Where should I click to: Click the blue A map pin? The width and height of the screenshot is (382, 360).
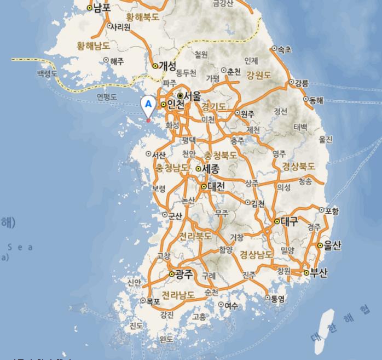click(x=148, y=105)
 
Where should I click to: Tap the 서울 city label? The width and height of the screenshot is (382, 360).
click(x=192, y=96)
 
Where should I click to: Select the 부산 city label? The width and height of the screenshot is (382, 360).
click(x=319, y=273)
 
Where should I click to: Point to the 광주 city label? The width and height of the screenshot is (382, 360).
click(x=184, y=274)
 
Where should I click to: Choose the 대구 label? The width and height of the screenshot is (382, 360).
click(x=290, y=221)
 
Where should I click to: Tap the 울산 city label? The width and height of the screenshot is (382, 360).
click(x=332, y=245)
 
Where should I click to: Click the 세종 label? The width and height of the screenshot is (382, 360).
click(x=211, y=169)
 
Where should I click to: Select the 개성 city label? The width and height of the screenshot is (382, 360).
click(x=167, y=66)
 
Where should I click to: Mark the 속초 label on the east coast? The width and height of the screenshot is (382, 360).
click(x=285, y=49)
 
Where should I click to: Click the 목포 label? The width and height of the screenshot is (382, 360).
click(x=153, y=301)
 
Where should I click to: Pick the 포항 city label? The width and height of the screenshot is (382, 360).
click(x=332, y=210)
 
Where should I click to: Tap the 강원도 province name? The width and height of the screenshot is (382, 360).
click(x=259, y=75)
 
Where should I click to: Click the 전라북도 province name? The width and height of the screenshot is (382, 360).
click(x=195, y=237)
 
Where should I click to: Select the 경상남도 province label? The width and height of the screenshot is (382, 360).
click(x=257, y=255)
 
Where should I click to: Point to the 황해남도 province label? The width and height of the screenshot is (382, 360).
click(x=94, y=45)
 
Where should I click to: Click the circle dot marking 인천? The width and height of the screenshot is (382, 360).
click(x=163, y=105)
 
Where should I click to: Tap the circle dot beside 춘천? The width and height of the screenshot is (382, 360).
click(x=224, y=71)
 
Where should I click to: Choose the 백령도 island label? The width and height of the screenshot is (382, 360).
click(x=47, y=73)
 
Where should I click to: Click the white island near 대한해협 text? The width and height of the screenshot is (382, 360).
click(x=323, y=323)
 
